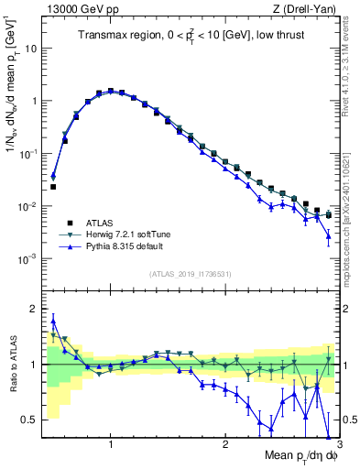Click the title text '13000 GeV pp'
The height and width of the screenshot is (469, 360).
pos(71,9)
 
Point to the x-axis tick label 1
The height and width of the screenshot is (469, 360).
pos(111,444)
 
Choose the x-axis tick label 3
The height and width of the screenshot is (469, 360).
pos(339,444)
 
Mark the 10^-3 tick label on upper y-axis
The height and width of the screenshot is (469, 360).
pos(27,259)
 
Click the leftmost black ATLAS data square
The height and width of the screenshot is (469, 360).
pos(53,187)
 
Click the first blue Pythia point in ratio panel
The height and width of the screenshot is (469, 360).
pos(53,321)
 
